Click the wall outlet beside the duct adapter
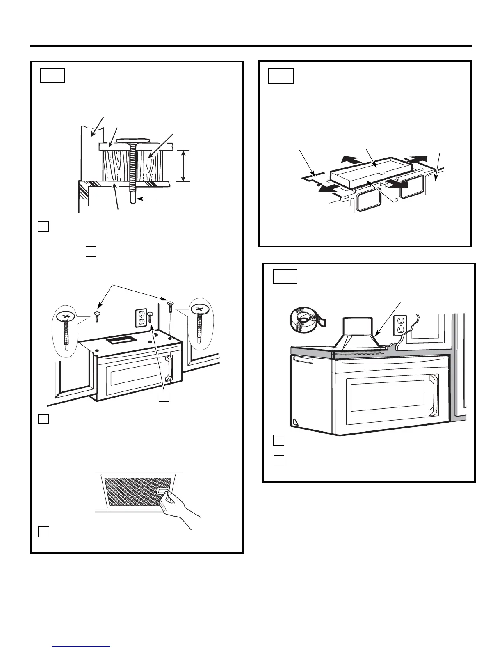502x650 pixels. point(400,325)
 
